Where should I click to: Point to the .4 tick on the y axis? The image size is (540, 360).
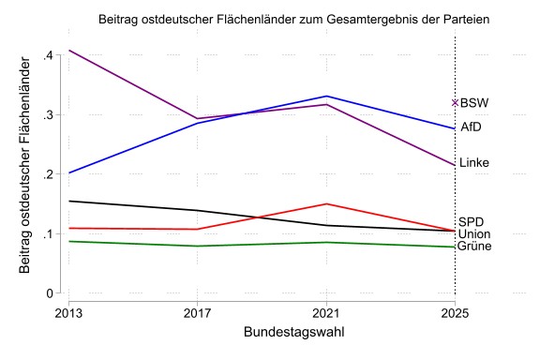[x=47, y=56]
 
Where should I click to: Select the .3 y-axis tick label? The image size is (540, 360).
[x=47, y=115]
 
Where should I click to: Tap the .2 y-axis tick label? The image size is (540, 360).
[x=47, y=174]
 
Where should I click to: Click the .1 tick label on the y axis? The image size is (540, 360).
[x=47, y=233]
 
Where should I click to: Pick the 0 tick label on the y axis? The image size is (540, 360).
[x=51, y=292]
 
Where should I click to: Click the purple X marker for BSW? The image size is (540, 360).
[x=455, y=103]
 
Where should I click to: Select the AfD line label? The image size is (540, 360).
[x=472, y=127]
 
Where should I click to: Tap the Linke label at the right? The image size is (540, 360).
[x=474, y=163]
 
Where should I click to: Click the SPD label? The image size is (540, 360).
[x=472, y=220]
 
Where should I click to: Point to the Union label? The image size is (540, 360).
[x=475, y=233]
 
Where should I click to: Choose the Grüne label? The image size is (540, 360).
[x=475, y=246]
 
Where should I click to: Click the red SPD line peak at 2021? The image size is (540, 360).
[x=326, y=203]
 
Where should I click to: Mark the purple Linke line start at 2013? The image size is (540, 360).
[x=69, y=50]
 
